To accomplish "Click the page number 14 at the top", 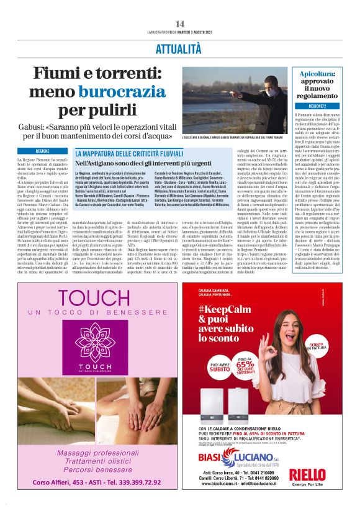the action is [179, 24].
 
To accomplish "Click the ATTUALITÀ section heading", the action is [179, 47].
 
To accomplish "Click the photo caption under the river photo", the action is [231, 137].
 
